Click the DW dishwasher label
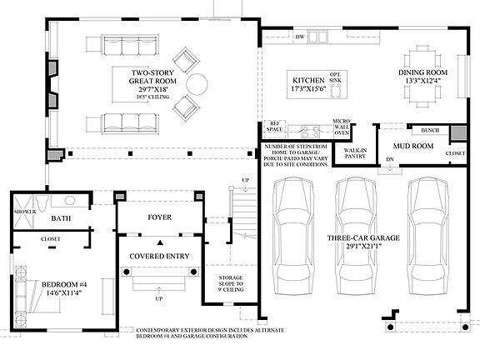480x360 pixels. pyautogui.click(x=299, y=37)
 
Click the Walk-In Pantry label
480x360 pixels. pyautogui.click(x=357, y=153)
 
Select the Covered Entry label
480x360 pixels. pyautogui.click(x=159, y=256)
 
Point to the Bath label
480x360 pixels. pyautogui.click(x=61, y=218)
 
